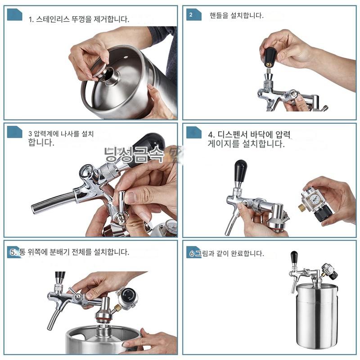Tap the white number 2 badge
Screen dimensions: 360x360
pos(191,15)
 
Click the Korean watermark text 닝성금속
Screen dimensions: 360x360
pos(134,154)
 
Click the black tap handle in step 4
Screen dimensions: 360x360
pos(240,171)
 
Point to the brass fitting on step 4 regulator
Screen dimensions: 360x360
pos(301,208)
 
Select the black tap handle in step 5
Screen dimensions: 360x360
pos(60,277)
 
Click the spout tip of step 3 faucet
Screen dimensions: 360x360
pos(33,208)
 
